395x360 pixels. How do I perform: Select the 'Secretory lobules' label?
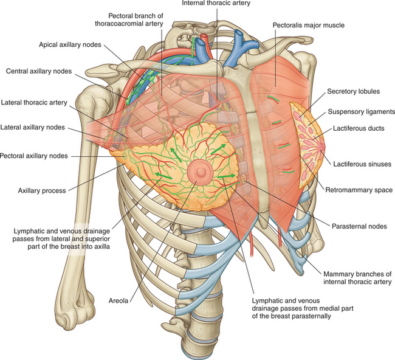(353, 92)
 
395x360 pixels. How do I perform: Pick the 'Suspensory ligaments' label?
(360, 111)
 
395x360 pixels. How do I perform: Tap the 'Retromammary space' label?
(360, 190)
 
